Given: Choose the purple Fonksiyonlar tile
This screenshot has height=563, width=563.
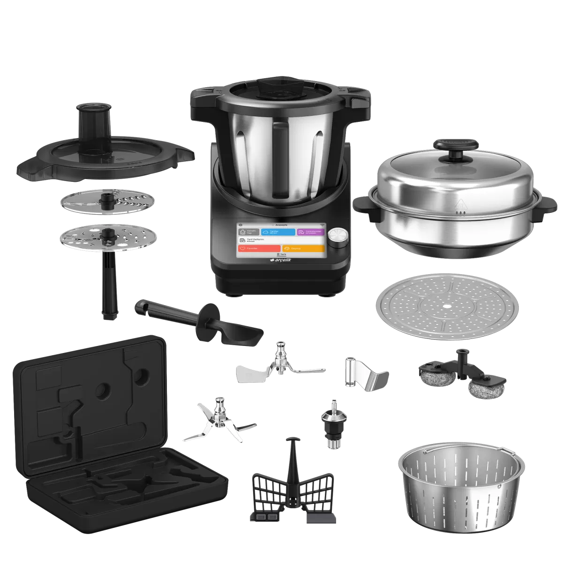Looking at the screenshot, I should (x=310, y=232).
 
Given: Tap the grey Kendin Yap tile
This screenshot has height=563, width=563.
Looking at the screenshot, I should (x=248, y=232).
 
